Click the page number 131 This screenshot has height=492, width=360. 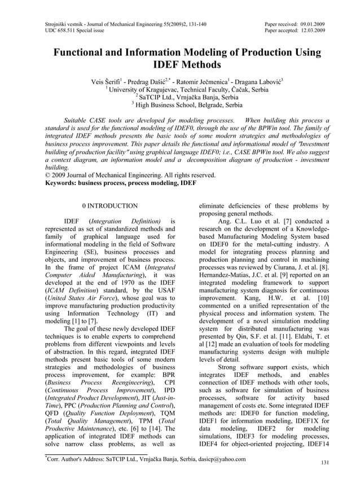[324, 463]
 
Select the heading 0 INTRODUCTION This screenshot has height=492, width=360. [110, 207]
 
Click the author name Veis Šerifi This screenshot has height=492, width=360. [107, 81]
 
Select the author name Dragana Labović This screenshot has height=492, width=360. [258, 81]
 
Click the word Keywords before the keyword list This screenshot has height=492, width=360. [62, 183]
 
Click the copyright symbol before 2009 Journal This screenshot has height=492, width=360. [47, 175]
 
